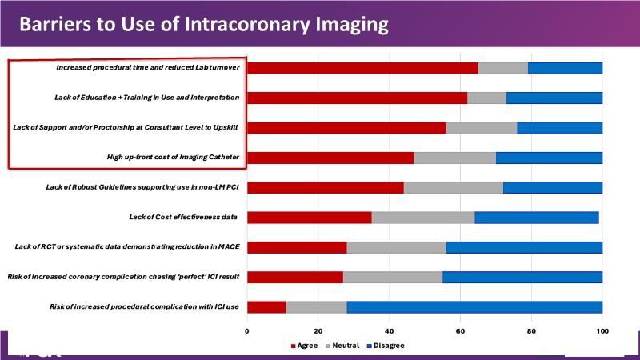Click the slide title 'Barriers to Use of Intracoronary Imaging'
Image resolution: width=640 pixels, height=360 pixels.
point(203,24)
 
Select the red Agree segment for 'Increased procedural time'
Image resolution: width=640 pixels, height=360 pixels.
point(362,68)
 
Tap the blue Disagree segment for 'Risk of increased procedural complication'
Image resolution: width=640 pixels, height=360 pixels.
point(474,307)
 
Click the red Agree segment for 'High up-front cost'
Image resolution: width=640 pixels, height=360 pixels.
point(330,158)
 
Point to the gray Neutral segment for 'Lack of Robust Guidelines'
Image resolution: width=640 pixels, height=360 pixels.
point(453,187)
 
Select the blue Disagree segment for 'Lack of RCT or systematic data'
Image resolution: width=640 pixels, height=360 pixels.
point(524,247)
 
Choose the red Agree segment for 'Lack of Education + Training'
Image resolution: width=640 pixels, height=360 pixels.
point(357,98)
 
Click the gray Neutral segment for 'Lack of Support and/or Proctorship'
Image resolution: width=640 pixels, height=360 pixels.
point(482,128)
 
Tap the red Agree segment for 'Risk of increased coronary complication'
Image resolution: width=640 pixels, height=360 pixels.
point(295,277)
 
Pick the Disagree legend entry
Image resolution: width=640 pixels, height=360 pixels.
point(385,346)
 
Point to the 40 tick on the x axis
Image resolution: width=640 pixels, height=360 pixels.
point(389,330)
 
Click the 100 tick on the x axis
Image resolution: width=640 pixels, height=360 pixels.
point(602,330)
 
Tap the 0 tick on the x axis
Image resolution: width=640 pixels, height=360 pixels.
point(247,330)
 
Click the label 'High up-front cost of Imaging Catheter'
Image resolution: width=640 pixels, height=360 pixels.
point(173,158)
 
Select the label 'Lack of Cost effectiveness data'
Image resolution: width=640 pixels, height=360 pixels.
point(184,217)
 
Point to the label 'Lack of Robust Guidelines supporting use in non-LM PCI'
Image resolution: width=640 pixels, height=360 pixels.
point(143,187)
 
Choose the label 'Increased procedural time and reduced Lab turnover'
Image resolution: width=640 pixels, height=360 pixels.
point(147,67)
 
